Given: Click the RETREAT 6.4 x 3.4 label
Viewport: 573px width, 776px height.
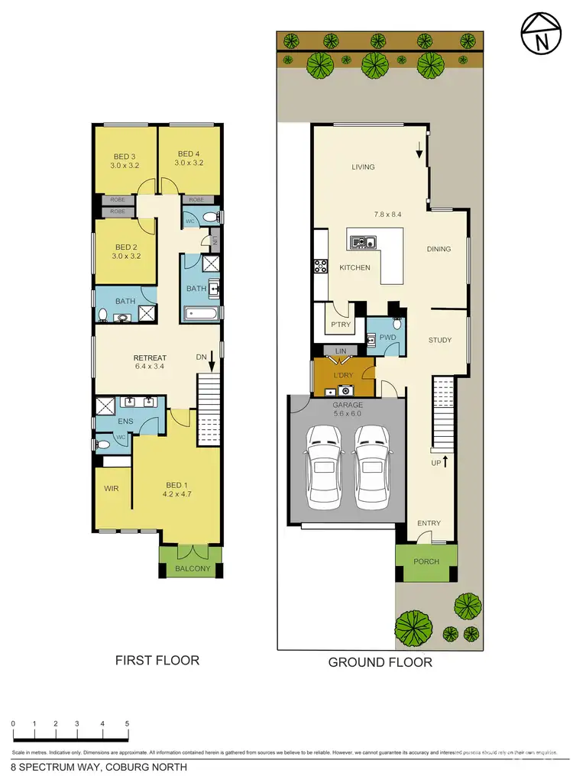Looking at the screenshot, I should tap(150, 362).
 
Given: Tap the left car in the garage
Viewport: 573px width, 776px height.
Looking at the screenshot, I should tap(322, 464).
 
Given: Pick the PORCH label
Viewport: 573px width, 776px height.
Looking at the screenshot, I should tap(426, 561).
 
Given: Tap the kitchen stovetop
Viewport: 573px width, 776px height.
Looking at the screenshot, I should tap(319, 267).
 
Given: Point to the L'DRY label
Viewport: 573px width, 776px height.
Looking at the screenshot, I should tap(342, 376).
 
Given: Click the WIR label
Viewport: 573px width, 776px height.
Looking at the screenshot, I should tap(112, 490).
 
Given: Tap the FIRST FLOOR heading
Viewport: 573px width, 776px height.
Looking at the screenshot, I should tap(157, 660).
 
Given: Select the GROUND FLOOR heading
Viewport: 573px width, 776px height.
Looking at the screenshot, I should tap(380, 662).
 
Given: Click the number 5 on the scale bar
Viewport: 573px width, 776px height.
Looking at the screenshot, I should tap(127, 723).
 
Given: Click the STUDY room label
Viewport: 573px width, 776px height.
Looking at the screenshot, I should tap(439, 340).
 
